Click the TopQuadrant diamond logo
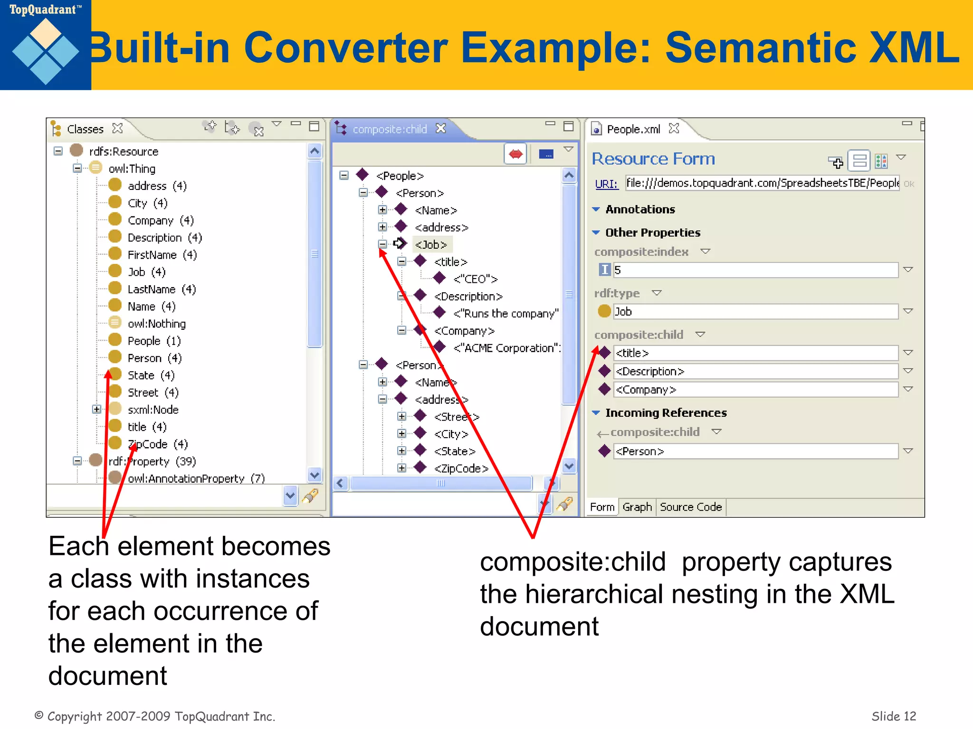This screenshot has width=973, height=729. click(x=46, y=51)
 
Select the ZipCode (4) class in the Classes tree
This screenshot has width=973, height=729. click(x=157, y=444)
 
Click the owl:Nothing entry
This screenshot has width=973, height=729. click(x=156, y=324)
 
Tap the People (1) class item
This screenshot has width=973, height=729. click(x=154, y=341)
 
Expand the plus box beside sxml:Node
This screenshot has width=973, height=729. click(x=96, y=409)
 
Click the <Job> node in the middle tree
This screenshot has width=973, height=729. click(x=431, y=244)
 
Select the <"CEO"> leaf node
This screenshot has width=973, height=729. click(x=475, y=279)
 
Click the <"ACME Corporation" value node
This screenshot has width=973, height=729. click(x=506, y=348)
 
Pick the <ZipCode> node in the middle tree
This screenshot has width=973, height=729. click(x=461, y=468)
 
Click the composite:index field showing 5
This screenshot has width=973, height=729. click(x=755, y=270)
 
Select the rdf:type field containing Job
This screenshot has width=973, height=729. click(x=755, y=312)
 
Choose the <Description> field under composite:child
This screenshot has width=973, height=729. click(x=755, y=371)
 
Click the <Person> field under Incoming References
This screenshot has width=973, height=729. click(x=755, y=451)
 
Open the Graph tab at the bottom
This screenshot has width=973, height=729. click(x=637, y=507)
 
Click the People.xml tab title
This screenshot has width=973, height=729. click(x=633, y=129)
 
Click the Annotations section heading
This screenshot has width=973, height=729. click(x=639, y=209)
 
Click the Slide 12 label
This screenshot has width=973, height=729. click(x=893, y=716)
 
